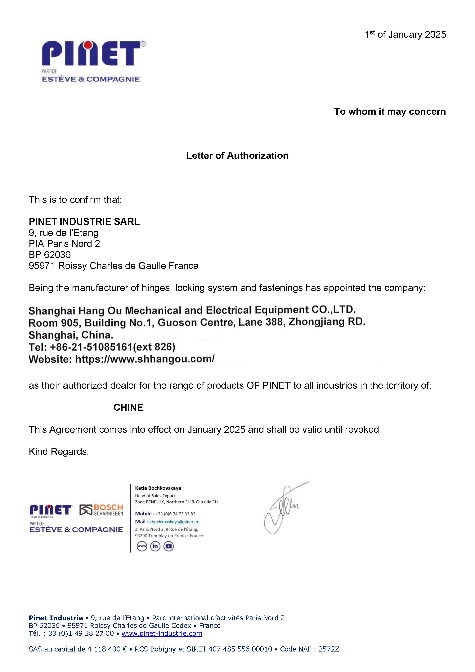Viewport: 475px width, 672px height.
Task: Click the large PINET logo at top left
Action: pos(93,54)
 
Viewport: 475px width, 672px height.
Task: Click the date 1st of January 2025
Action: pos(405,34)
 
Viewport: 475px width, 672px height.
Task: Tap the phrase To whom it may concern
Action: pos(390,111)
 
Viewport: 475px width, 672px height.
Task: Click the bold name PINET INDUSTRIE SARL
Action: pos(84,222)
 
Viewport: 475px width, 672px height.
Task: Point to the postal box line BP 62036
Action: pos(50,255)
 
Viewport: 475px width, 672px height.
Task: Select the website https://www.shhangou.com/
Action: pos(145,359)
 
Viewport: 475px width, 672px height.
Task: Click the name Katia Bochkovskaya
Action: pos(158,488)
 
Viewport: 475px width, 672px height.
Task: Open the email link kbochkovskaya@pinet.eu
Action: pos(174,522)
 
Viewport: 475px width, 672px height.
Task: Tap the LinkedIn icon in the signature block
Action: pos(155,546)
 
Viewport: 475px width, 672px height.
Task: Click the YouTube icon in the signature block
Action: pos(168,546)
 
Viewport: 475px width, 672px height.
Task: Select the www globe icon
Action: pos(142,546)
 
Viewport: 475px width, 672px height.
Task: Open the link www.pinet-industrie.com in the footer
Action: pos(162,633)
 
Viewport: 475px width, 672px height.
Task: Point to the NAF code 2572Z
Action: pos(329,649)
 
